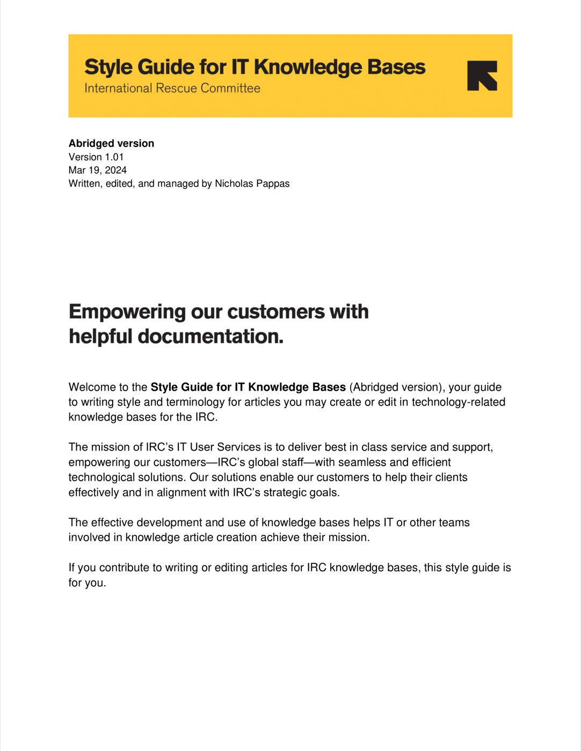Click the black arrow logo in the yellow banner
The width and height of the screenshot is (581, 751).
coord(482,76)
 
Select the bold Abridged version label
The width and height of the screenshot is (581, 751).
coord(111,143)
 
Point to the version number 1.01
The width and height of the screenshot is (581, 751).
coord(114,157)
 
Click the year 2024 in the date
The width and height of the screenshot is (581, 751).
coord(115,170)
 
